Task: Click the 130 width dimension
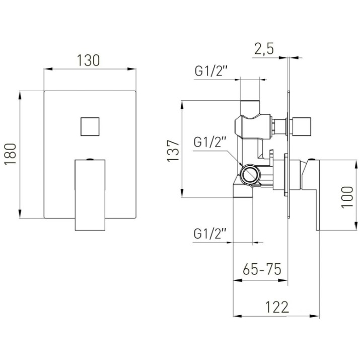pos(88,60)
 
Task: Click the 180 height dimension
pos(11,154)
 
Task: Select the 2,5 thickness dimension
pos(264,49)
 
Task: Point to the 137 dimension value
pos(173,151)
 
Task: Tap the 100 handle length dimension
pos(347,197)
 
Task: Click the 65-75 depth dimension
pos(262,269)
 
